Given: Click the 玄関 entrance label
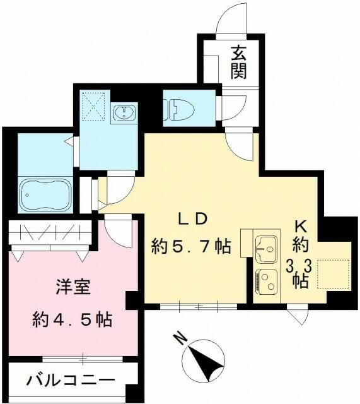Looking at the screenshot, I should click(238, 62).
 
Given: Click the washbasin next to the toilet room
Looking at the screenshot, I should click(124, 114).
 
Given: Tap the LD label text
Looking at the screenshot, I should click(192, 219).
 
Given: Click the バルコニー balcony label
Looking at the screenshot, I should click(71, 381).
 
